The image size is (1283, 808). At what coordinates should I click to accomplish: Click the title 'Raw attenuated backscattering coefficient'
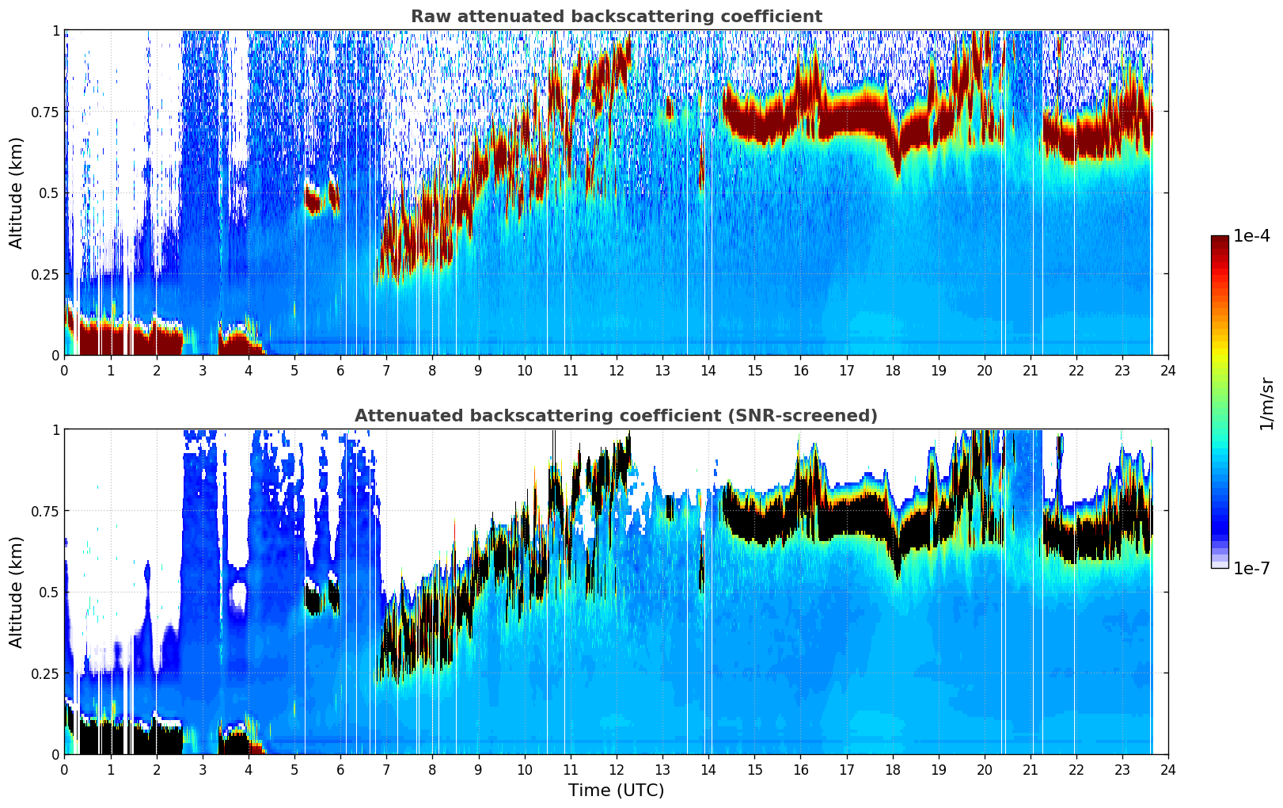pyautogui.click(x=617, y=16)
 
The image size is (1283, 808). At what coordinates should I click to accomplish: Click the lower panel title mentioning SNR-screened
pyautogui.click(x=617, y=415)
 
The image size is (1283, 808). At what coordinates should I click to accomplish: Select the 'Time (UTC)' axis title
pyautogui.click(x=617, y=791)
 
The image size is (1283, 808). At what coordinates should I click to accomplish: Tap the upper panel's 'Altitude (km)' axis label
pyautogui.click(x=16, y=192)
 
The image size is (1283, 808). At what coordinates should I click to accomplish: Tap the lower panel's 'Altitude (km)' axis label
pyautogui.click(x=16, y=592)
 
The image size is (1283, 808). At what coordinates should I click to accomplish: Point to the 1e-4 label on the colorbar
pyautogui.click(x=1251, y=235)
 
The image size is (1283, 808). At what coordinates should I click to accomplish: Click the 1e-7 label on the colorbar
pyautogui.click(x=1251, y=568)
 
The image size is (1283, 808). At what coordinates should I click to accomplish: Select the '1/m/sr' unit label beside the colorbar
pyautogui.click(x=1266, y=403)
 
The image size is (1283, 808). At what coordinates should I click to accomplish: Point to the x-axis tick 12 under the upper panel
pyautogui.click(x=617, y=370)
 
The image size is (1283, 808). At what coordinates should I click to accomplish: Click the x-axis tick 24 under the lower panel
pyautogui.click(x=1168, y=770)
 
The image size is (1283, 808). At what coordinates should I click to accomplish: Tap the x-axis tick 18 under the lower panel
pyautogui.click(x=892, y=770)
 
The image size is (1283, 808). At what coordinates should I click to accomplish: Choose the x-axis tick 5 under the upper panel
pyautogui.click(x=294, y=370)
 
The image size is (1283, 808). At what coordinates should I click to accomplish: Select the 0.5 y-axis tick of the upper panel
pyautogui.click(x=48, y=193)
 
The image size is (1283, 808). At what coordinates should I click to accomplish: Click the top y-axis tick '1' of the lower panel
pyautogui.click(x=55, y=430)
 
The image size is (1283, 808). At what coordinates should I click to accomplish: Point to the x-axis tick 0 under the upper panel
pyautogui.click(x=64, y=370)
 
